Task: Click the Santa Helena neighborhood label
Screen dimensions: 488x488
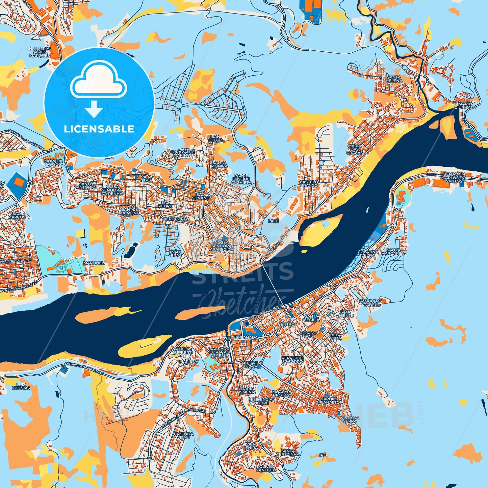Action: pos(394,79)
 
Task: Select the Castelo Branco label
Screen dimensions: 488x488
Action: pos(309,184)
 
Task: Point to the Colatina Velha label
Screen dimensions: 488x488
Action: pos(368,253)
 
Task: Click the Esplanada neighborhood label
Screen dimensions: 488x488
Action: pos(245,337)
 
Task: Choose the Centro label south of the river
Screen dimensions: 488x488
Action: pos(286,324)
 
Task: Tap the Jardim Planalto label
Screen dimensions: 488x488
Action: pos(329,401)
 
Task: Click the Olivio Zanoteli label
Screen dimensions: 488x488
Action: pos(266,468)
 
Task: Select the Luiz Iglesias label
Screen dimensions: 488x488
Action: pos(21,386)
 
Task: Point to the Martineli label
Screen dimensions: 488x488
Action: pos(94,263)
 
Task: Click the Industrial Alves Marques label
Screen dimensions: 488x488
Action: pos(40,52)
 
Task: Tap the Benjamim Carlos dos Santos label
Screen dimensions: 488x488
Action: pos(454,178)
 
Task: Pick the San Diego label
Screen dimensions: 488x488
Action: pos(216,138)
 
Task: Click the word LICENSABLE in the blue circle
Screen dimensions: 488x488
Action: pos(99,129)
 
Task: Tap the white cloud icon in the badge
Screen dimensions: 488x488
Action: pos(98,80)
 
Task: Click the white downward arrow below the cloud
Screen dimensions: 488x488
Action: pos(94,109)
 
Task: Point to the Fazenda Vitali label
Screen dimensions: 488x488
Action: pos(183,435)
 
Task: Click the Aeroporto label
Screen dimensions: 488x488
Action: pos(176,219)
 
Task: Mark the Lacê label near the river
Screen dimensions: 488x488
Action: pos(273,221)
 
